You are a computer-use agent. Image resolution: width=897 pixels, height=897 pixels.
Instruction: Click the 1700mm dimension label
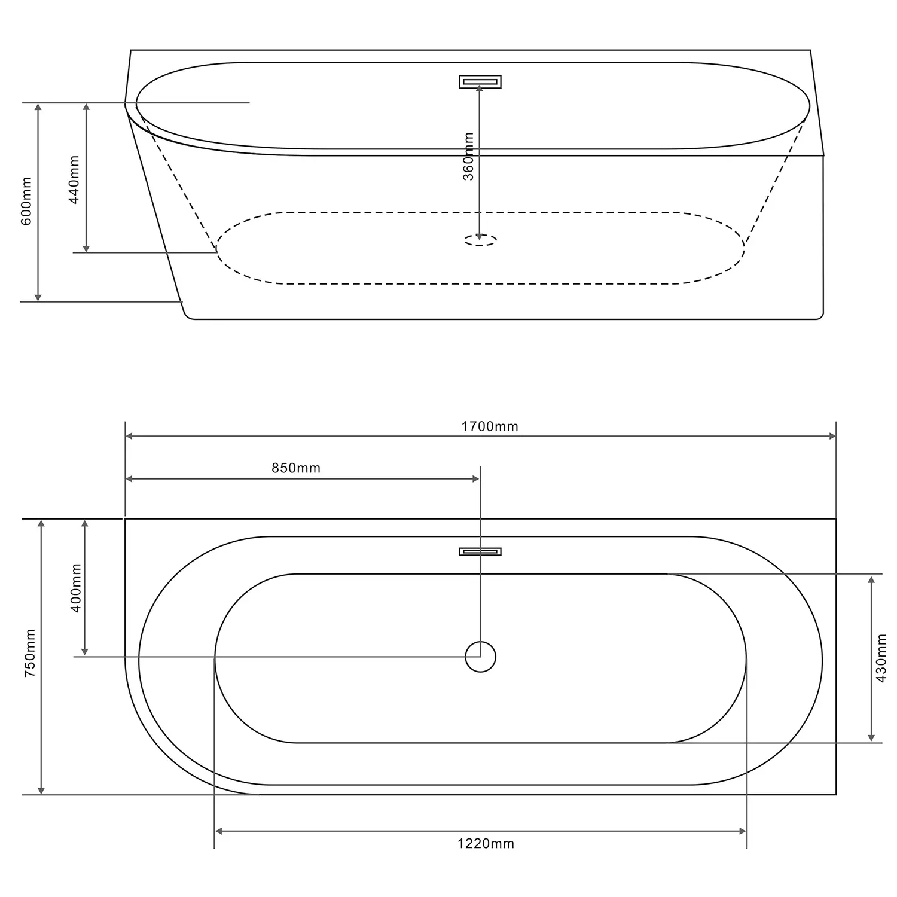click(x=490, y=426)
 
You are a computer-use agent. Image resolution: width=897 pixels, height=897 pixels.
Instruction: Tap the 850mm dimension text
click(x=296, y=468)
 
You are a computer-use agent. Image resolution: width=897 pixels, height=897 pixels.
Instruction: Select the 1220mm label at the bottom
click(x=486, y=844)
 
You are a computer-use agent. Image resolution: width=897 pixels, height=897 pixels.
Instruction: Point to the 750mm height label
click(x=30, y=653)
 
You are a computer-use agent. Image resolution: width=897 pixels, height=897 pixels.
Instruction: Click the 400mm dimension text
click(x=76, y=588)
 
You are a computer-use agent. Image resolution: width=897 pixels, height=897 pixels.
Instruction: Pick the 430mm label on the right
click(x=880, y=658)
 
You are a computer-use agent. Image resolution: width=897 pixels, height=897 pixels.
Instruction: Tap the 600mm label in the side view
click(x=26, y=201)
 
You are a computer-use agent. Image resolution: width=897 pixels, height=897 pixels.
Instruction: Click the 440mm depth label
click(x=74, y=179)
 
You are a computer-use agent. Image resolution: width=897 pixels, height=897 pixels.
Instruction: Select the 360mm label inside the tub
click(x=469, y=157)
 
